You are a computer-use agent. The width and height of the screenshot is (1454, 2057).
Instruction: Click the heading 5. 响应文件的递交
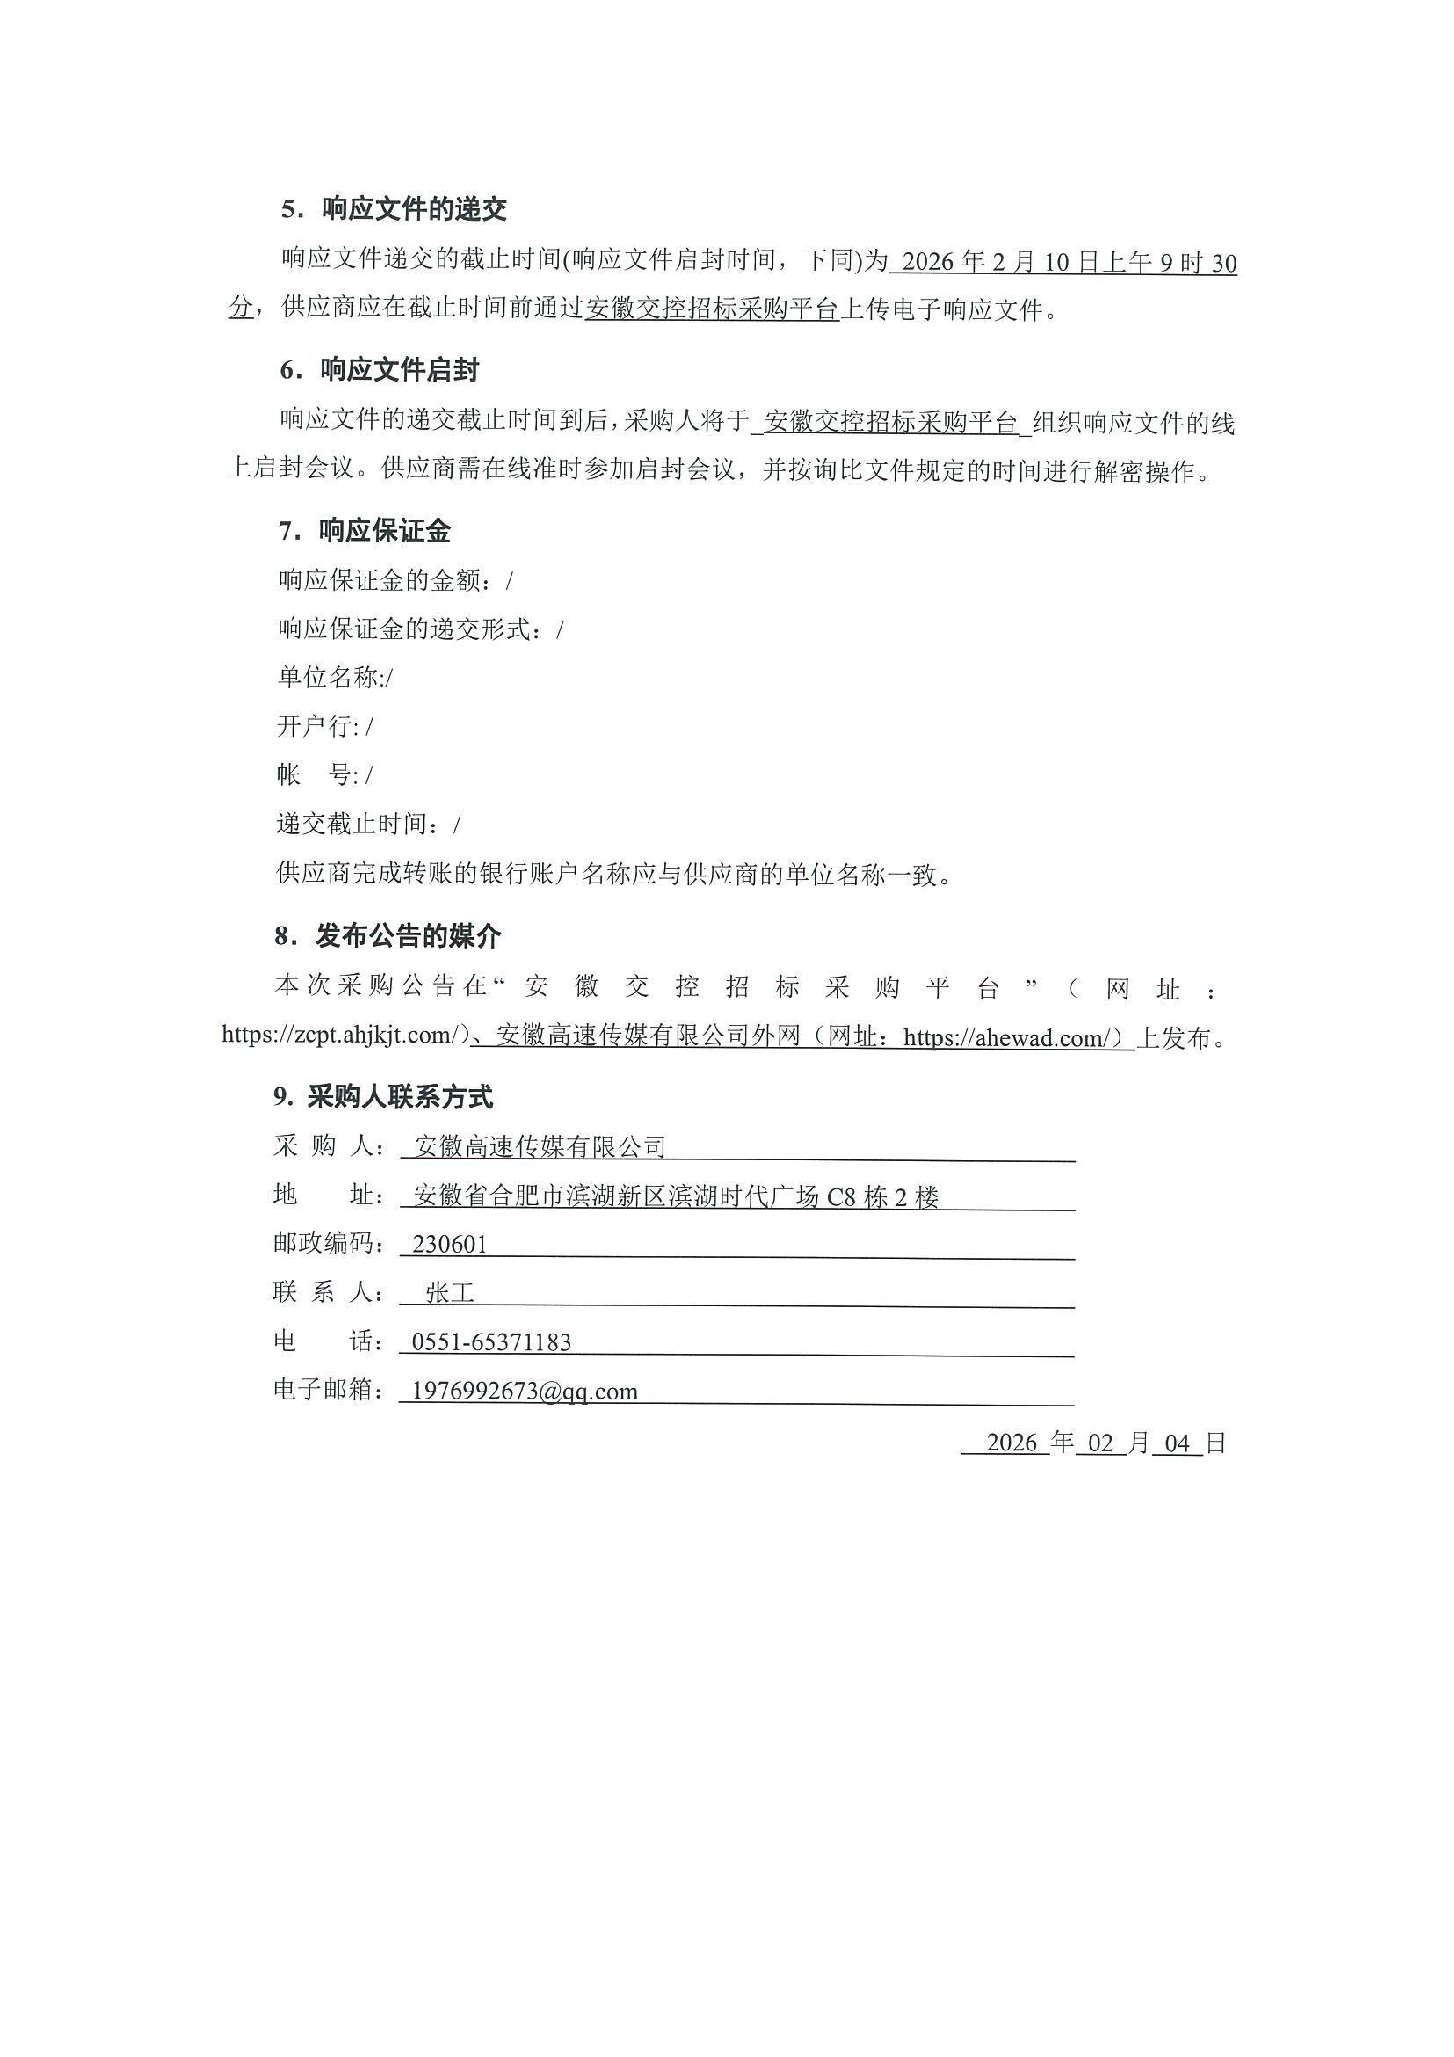pyautogui.click(x=394, y=210)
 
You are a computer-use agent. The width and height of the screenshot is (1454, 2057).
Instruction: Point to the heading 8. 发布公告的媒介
pyautogui.click(x=388, y=937)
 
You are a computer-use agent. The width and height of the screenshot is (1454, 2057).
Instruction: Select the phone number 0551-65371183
pyautogui.click(x=491, y=1342)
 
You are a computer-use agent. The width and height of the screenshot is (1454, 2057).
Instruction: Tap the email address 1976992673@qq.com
pyautogui.click(x=524, y=1391)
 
